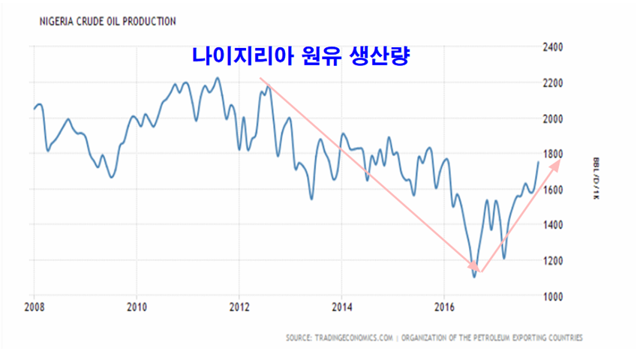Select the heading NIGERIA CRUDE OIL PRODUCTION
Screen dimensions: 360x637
click(102, 22)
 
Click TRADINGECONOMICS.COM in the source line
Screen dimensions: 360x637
click(353, 338)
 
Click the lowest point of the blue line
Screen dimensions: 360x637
click(474, 277)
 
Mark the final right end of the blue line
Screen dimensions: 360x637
click(538, 162)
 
